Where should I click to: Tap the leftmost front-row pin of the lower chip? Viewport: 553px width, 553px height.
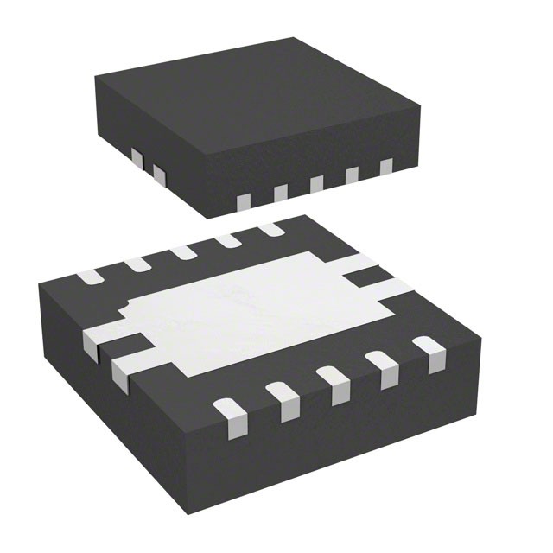[229, 413]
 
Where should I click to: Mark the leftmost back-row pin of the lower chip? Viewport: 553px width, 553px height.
[90, 277]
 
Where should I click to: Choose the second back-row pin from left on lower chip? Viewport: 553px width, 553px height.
[138, 264]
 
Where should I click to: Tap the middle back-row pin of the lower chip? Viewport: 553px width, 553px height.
[184, 252]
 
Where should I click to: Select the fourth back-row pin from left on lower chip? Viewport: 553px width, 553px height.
[229, 240]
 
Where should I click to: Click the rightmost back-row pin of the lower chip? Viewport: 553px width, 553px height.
[271, 229]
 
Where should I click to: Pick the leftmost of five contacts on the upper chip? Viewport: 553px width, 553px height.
[244, 202]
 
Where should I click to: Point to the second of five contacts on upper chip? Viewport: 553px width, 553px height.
[280, 194]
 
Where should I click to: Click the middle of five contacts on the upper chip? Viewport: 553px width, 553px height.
[316, 184]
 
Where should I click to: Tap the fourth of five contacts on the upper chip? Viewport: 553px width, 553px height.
[352, 175]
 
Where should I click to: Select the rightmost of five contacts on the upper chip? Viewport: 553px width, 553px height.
[385, 167]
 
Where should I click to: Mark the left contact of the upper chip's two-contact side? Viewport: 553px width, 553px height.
[136, 157]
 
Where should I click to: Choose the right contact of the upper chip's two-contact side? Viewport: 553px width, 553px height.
[158, 175]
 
